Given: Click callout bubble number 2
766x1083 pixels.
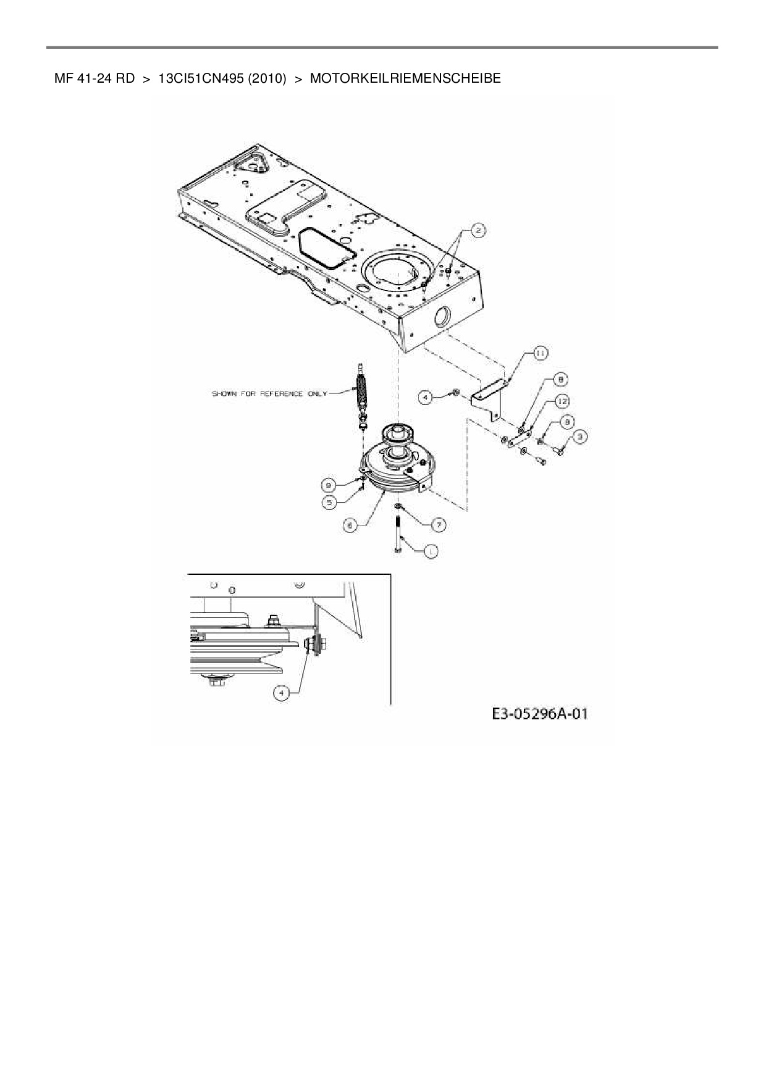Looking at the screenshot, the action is [478, 231].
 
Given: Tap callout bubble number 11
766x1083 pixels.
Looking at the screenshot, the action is [539, 353].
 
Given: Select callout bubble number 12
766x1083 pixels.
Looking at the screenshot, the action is [562, 401].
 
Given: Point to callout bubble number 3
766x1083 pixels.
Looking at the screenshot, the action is [579, 437].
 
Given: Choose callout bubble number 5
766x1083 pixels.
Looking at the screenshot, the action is [329, 503].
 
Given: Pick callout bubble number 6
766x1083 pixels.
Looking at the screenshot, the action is [350, 525].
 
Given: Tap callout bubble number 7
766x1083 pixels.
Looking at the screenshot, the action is [438, 525].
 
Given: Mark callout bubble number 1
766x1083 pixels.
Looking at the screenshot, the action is [431, 551].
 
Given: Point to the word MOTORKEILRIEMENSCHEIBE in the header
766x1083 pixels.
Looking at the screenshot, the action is [405, 78].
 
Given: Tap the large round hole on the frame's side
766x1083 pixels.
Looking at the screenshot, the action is [443, 317].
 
